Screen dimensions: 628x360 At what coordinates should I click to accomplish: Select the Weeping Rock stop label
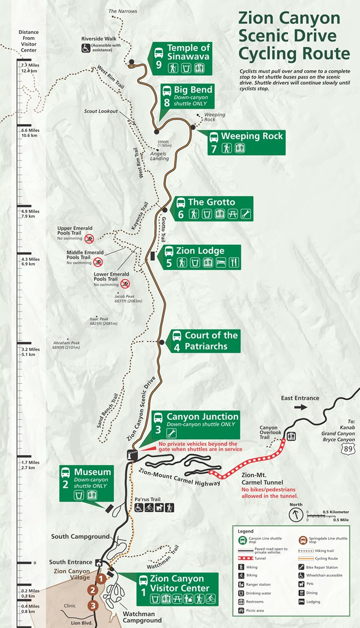pyautogui.click(x=252, y=136)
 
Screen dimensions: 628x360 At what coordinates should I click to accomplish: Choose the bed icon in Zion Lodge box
pyautogui.click(x=221, y=262)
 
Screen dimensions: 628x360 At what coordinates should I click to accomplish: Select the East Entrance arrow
pyautogui.click(x=301, y=407)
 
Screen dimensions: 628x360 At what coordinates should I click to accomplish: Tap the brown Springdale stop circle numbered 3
pyautogui.click(x=93, y=605)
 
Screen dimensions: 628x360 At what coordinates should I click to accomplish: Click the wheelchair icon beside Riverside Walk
pyautogui.click(x=86, y=48)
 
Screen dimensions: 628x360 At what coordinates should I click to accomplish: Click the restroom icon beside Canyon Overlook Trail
pyautogui.click(x=291, y=436)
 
